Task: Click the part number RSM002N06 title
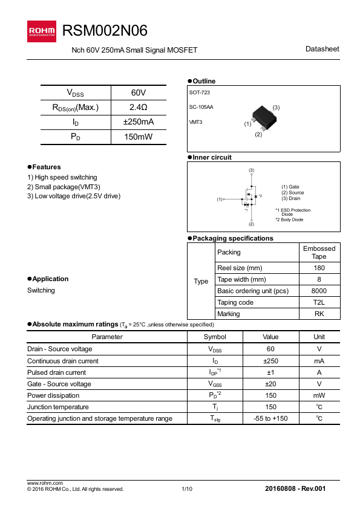pyautogui.click(x=105, y=31)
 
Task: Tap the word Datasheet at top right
pyautogui.click(x=322, y=49)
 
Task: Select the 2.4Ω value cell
pyautogui.click(x=138, y=108)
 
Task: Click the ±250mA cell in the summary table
pyautogui.click(x=138, y=122)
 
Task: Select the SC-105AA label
pyautogui.click(x=201, y=107)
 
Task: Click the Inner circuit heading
pyautogui.click(x=212, y=157)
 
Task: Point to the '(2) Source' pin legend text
pyautogui.click(x=293, y=193)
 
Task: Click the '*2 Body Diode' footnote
pyautogui.click(x=289, y=219)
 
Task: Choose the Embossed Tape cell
pyautogui.click(x=319, y=252)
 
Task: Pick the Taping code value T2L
pyautogui.click(x=319, y=302)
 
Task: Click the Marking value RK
pyautogui.click(x=319, y=314)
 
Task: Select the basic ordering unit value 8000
pyautogui.click(x=319, y=291)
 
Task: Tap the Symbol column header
pyautogui.click(x=215, y=337)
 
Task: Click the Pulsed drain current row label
pyautogui.click(x=57, y=372)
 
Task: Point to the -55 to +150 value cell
pyautogui.click(x=270, y=418)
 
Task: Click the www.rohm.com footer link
pyautogui.click(x=45, y=483)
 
